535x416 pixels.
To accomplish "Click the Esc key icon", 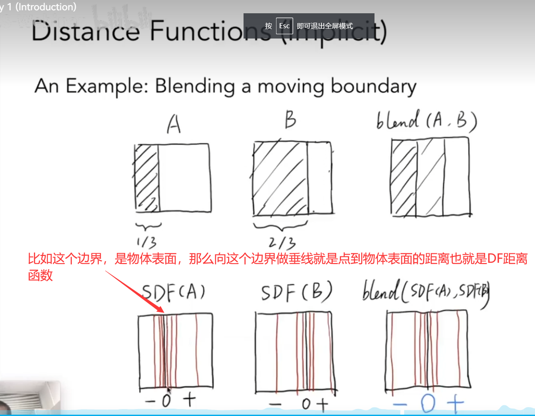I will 284,26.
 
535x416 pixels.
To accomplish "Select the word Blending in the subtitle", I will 195,86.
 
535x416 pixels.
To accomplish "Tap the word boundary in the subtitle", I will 373,87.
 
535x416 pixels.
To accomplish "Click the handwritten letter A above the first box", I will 173,125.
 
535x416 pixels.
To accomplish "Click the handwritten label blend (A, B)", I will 426,120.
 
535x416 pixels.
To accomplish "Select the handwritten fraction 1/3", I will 146,242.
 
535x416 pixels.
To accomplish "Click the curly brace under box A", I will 148,225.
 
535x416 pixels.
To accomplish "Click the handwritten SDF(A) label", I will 173,293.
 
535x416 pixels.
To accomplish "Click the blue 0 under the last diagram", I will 428,403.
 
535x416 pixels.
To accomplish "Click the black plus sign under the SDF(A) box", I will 189,400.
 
